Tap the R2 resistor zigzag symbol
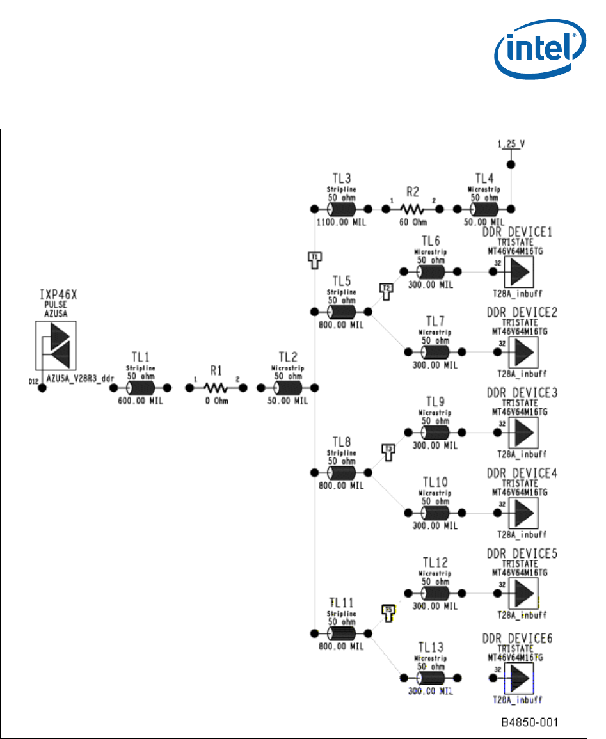(x=413, y=209)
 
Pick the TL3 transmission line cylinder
(x=340, y=209)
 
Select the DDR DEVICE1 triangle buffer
(x=520, y=272)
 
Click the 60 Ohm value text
(x=413, y=222)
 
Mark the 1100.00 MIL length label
(x=340, y=223)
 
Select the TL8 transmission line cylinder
(x=340, y=472)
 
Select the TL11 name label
(x=342, y=603)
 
